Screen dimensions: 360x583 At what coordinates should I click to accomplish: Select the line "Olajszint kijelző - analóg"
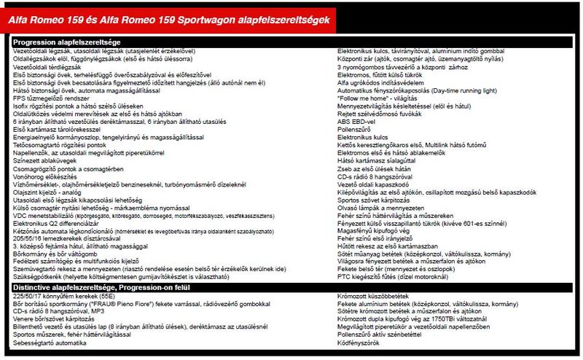(51, 193)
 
